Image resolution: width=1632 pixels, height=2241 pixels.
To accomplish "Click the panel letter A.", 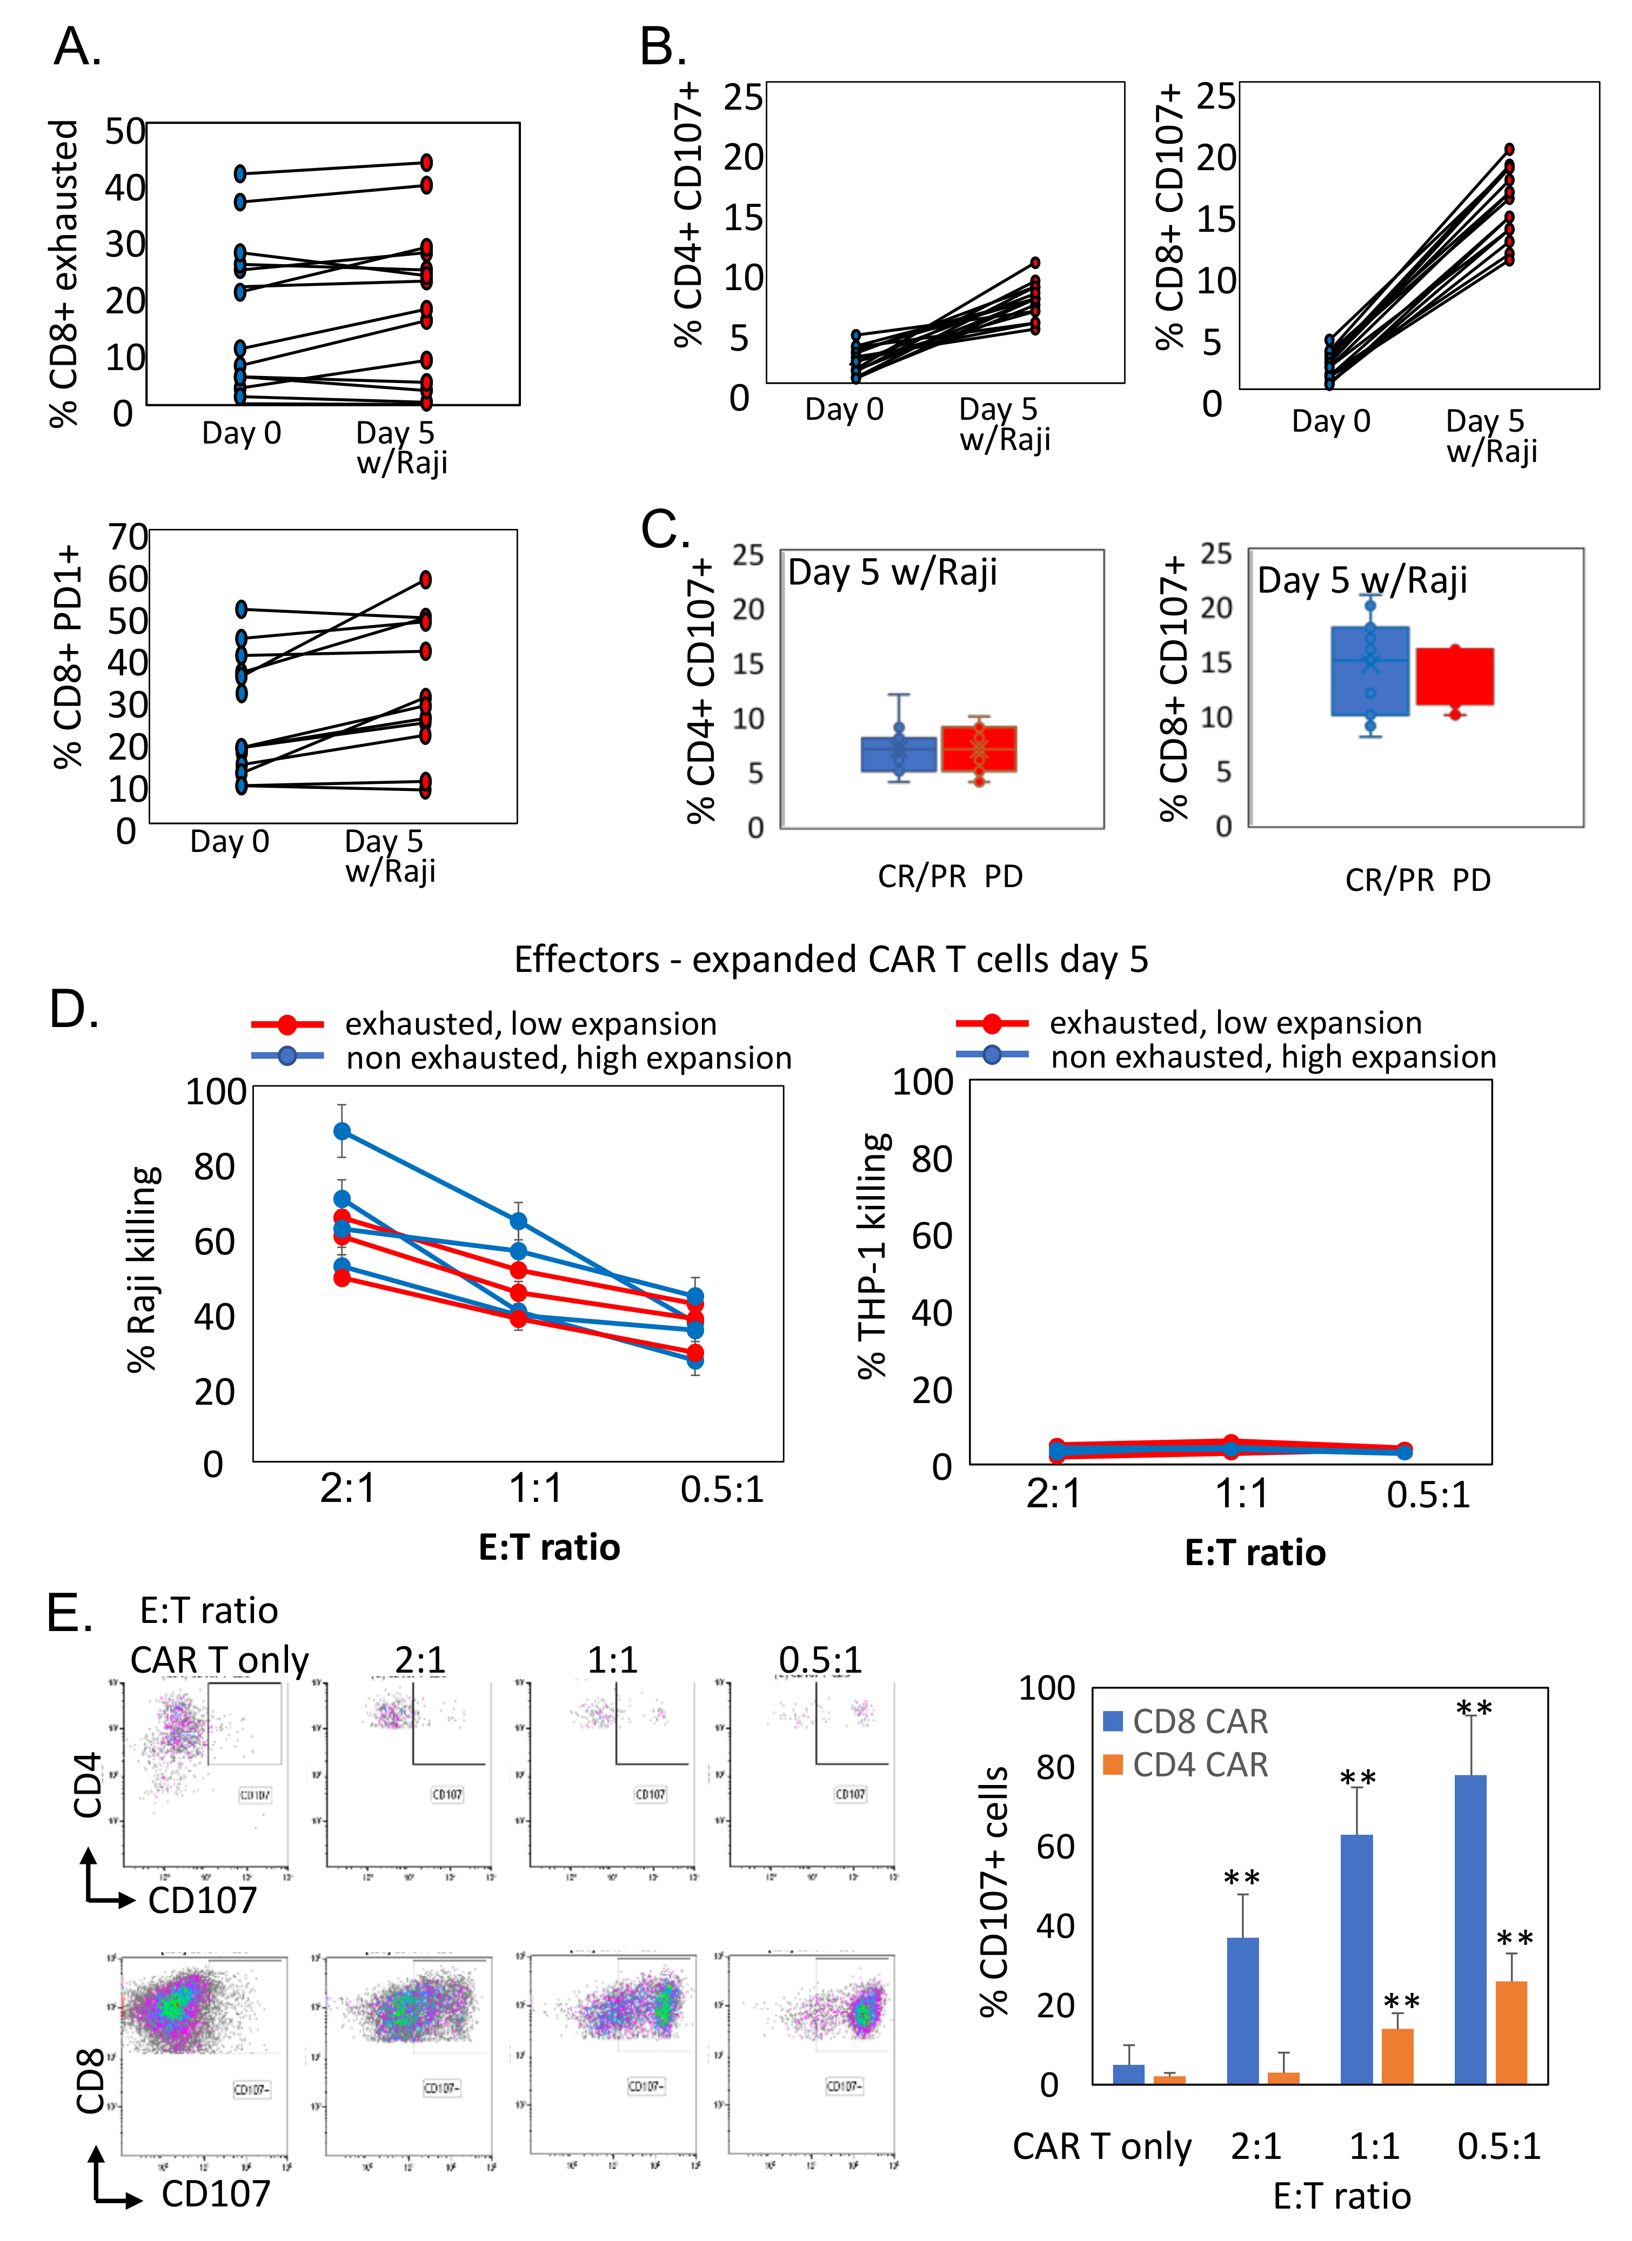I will [77, 46].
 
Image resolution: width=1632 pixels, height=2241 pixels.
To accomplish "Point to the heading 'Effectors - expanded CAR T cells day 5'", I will [831, 960].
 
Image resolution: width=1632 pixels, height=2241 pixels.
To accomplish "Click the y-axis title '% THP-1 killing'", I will [872, 1255].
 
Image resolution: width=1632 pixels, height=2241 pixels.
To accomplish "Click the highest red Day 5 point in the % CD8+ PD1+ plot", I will [426, 579].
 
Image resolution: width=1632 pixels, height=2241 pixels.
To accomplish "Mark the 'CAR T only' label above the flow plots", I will [219, 1660].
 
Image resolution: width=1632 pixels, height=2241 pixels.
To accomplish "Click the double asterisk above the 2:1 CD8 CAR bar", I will [1241, 1877].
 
